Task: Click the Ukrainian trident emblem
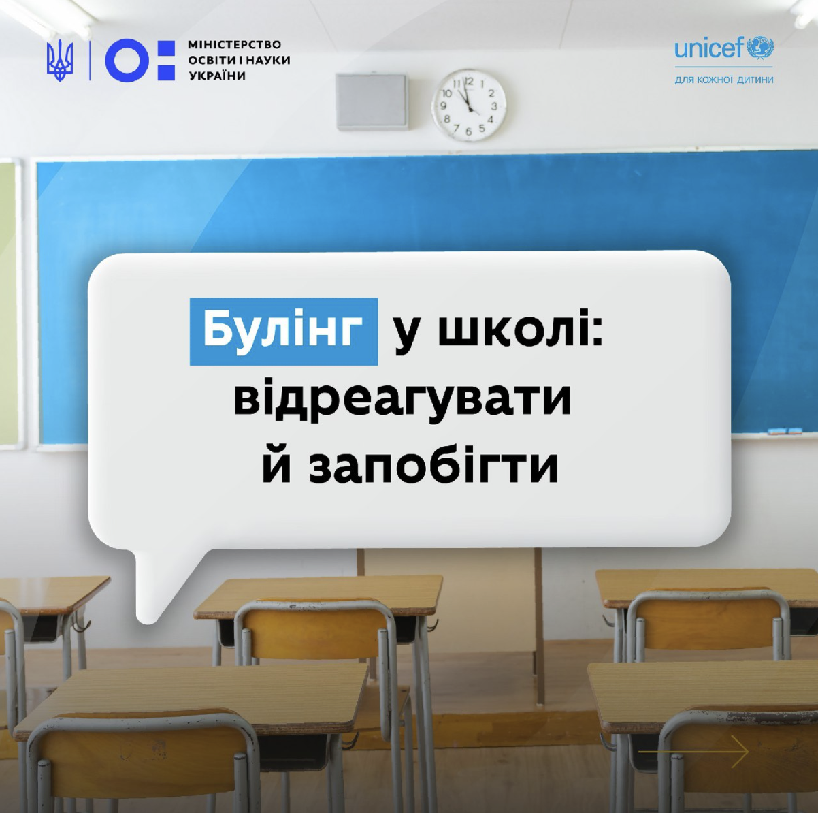click(60, 61)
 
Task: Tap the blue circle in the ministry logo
click(127, 60)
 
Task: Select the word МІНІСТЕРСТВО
click(234, 45)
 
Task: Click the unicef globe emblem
click(759, 47)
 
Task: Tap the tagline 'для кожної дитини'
click(724, 80)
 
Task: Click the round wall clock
click(469, 106)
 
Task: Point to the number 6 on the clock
click(469, 131)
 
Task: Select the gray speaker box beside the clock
click(372, 101)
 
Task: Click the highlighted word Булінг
click(284, 332)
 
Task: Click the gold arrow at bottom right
click(693, 752)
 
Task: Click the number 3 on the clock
click(493, 106)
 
